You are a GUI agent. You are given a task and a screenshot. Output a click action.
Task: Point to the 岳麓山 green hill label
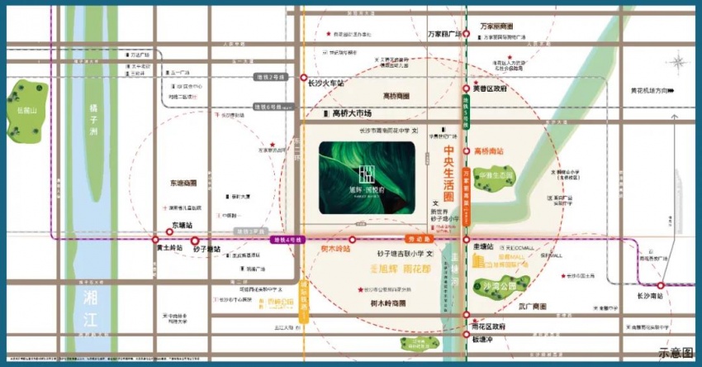[26, 110]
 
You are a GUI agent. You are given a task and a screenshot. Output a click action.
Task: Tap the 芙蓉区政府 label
[490, 88]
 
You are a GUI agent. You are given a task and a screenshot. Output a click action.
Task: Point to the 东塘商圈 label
[184, 183]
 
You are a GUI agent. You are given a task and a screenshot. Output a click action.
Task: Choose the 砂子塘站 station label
[207, 248]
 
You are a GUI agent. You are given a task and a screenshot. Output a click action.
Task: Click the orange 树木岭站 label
[335, 248]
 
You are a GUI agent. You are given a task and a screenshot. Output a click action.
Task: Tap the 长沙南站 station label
[651, 295]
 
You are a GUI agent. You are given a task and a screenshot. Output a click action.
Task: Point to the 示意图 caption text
[675, 354]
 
